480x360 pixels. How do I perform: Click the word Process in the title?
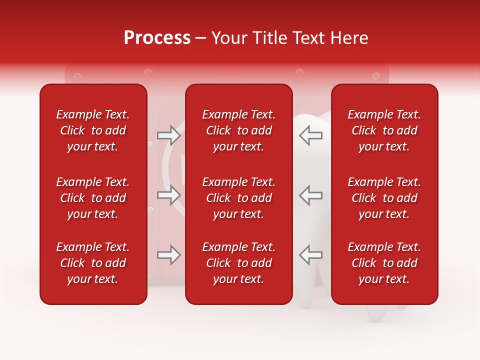(157, 38)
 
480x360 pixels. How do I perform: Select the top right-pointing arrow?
(169, 135)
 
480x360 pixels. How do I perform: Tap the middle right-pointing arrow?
(169, 195)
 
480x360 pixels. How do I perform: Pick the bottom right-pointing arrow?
(169, 255)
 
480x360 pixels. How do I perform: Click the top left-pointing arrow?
(310, 135)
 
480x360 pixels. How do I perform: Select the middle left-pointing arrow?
(310, 195)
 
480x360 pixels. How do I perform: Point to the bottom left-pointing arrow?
(310, 255)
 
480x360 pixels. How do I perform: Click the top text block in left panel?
(93, 130)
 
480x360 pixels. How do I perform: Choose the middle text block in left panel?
(93, 198)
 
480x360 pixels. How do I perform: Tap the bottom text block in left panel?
(93, 263)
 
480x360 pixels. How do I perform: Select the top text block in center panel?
(239, 130)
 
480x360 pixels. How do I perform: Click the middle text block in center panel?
(239, 198)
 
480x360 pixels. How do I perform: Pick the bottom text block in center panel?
(239, 263)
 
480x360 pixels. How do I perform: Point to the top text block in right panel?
(384, 130)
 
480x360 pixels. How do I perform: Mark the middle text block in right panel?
(384, 198)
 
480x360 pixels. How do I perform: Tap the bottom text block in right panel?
(384, 263)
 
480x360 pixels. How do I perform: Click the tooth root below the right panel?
(378, 312)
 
